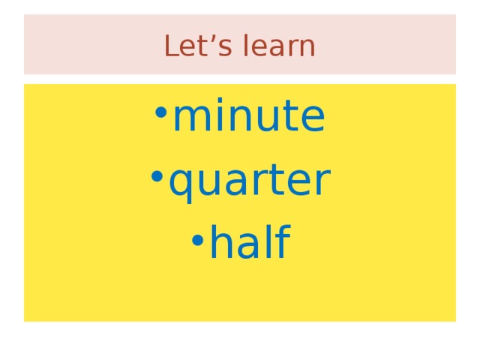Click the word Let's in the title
click(x=190, y=46)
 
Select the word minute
click(x=248, y=117)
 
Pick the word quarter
click(x=249, y=181)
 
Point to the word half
click(x=249, y=244)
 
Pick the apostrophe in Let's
click(x=201, y=38)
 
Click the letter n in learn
click(x=307, y=48)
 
